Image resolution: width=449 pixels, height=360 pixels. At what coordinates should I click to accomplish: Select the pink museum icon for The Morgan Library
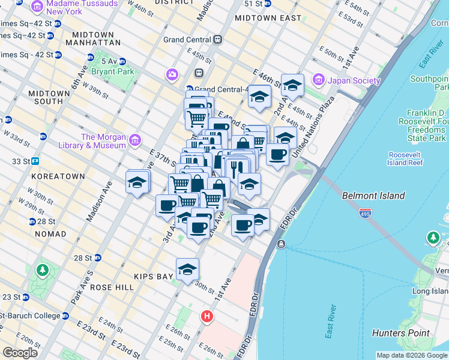click(x=134, y=141)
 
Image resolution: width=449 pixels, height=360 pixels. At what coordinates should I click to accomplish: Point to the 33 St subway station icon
click(x=35, y=161)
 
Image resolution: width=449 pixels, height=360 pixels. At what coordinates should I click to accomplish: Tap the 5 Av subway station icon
click(x=122, y=61)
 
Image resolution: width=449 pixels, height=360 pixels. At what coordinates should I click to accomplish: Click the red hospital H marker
click(x=207, y=316)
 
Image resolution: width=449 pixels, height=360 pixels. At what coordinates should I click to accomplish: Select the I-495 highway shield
click(x=366, y=212)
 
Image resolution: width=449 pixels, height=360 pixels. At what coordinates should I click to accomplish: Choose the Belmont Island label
click(x=373, y=196)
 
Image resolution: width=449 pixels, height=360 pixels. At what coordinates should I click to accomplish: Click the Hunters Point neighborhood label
click(x=400, y=333)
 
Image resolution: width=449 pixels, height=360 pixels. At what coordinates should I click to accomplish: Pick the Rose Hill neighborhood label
click(x=112, y=287)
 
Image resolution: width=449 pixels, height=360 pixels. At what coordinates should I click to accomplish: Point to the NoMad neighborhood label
click(x=51, y=233)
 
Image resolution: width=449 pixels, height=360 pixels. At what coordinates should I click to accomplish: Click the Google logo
click(x=20, y=353)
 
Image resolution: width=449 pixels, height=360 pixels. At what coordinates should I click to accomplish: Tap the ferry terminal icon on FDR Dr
click(x=281, y=244)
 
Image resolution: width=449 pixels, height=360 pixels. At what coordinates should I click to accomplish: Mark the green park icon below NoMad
click(x=42, y=270)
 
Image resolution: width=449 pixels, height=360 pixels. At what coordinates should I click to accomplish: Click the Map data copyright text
click(x=412, y=355)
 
